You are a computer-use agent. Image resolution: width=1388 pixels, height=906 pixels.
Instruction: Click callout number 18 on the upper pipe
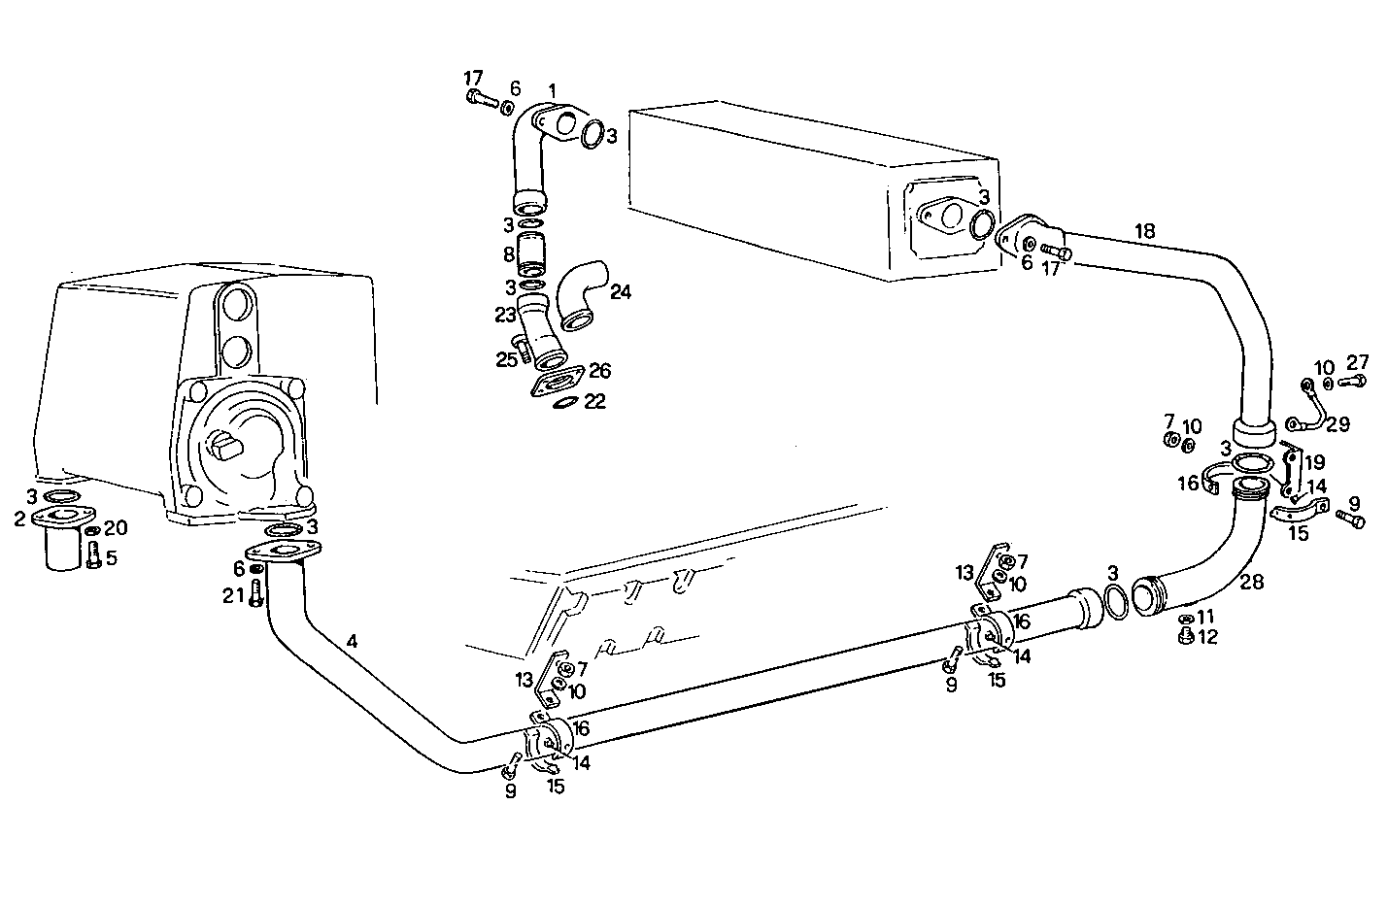tap(1145, 230)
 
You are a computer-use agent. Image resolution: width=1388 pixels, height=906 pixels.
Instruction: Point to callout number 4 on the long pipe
tap(352, 641)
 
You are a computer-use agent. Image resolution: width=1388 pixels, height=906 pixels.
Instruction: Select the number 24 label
tap(621, 291)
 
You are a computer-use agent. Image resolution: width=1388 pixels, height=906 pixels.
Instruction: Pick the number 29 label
tap(1337, 424)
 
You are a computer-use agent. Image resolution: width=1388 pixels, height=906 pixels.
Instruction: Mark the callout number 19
tap(1314, 461)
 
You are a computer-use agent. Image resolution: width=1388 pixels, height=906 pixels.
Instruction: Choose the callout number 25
tap(506, 359)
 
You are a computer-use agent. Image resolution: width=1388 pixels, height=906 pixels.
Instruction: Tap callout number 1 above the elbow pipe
tap(552, 90)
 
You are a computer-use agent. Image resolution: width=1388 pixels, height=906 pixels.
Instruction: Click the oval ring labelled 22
tap(565, 402)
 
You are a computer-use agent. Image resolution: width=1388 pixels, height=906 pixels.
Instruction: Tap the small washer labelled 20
tap(91, 531)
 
